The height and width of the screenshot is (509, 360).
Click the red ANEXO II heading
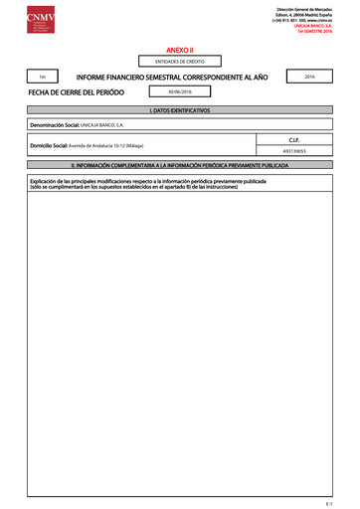179,48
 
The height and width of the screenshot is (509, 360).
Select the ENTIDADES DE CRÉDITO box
179,61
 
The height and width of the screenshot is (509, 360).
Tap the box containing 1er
41,76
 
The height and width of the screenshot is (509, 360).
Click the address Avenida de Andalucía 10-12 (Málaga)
113,145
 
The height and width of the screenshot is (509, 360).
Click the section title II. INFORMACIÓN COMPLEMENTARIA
179,166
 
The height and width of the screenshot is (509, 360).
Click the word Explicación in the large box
47,180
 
